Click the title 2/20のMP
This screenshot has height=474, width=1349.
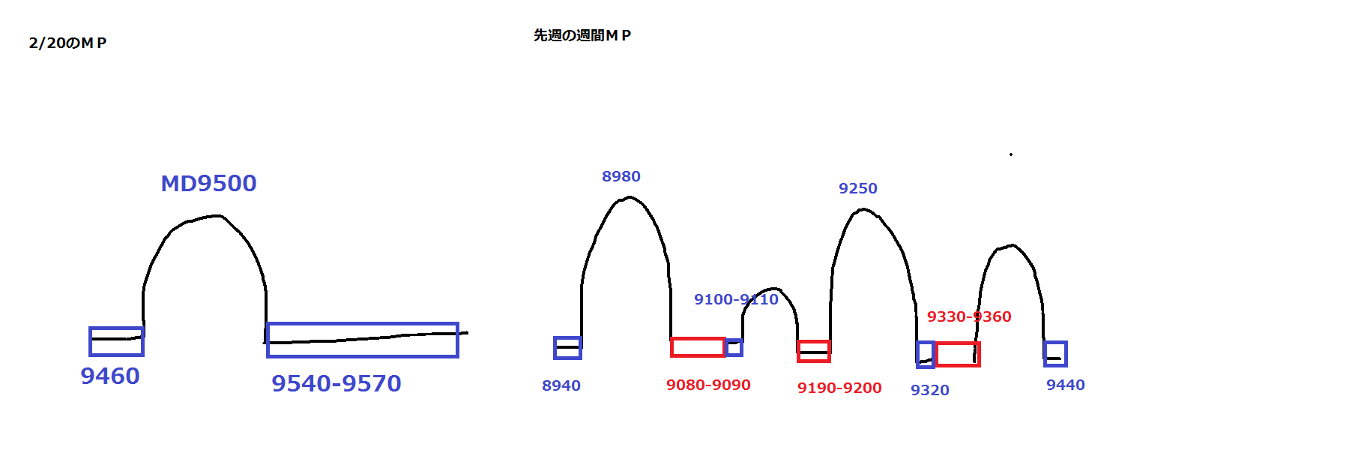[x=67, y=43]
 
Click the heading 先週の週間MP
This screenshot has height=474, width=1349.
[x=582, y=35]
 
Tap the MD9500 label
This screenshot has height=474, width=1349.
[x=208, y=183]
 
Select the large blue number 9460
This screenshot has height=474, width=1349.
[x=110, y=376]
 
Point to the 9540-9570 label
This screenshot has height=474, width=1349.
[x=337, y=383]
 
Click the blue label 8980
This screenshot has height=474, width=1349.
[x=621, y=176]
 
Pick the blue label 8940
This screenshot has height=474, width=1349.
[x=561, y=385]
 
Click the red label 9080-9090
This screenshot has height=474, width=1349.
[x=708, y=385]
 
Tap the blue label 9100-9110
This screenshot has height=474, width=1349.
[x=736, y=299]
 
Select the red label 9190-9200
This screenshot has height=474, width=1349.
[x=839, y=388]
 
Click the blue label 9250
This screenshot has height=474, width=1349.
[x=858, y=188]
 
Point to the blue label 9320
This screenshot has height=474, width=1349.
[x=930, y=390]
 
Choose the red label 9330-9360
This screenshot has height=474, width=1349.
[x=969, y=316]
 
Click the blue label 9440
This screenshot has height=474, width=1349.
[x=1066, y=385]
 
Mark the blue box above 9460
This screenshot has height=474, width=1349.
[x=116, y=341]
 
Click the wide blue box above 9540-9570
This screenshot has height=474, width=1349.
[x=363, y=340]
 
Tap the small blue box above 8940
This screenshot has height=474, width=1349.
[x=567, y=348]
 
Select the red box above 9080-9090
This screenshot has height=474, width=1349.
[x=698, y=347]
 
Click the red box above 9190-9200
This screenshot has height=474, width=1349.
[x=814, y=351]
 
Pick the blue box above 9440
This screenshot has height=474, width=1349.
[x=1055, y=353]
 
